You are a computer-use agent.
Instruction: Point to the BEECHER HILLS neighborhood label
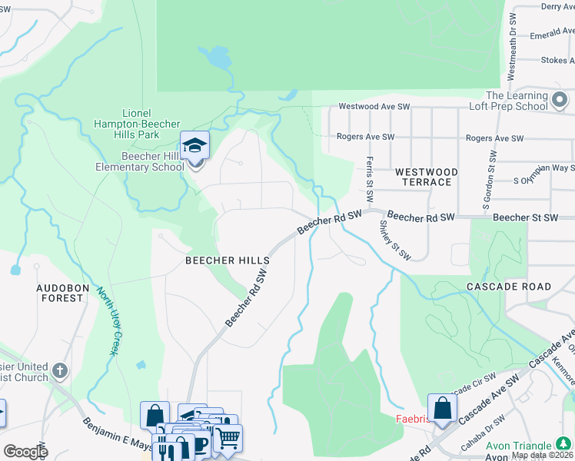tap(228, 261)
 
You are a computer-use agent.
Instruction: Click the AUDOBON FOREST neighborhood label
tap(60, 292)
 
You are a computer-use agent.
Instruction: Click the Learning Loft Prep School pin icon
tap(560, 100)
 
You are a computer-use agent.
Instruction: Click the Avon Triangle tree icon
tap(563, 445)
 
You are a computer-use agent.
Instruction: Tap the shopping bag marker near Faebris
tap(442, 409)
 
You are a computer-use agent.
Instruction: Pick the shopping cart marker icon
tap(228, 439)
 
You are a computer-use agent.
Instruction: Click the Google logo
tap(25, 451)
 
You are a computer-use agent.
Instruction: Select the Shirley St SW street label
tap(395, 240)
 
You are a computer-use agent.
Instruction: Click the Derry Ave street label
tap(557, 6)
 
